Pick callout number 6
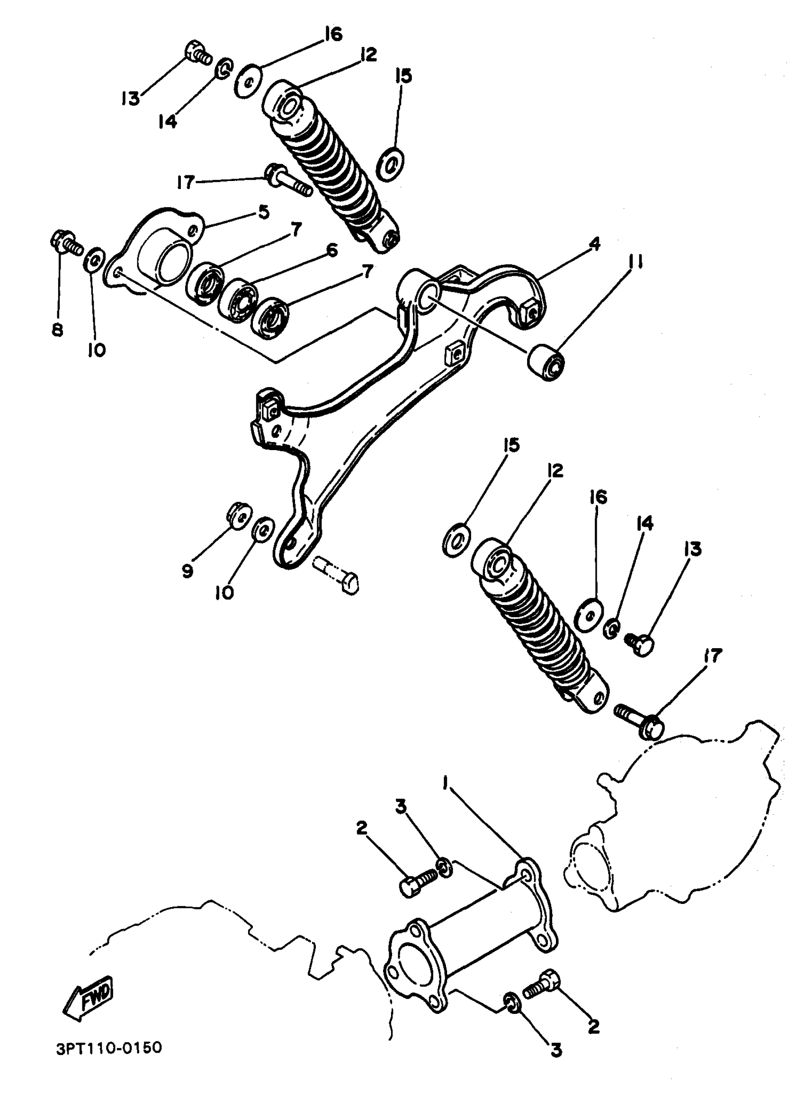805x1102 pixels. pyautogui.click(x=331, y=251)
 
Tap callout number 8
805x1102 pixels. pyautogui.click(x=57, y=330)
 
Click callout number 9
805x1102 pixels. pyautogui.click(x=188, y=571)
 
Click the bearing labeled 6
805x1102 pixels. pyautogui.click(x=239, y=301)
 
